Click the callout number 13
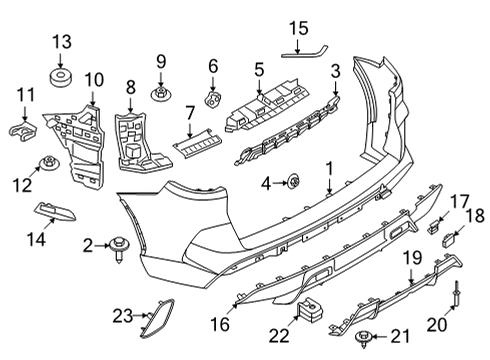click(x=63, y=41)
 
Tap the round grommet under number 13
click(x=63, y=75)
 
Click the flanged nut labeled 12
click(x=46, y=163)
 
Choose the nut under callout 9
click(x=160, y=95)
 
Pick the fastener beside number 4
click(x=294, y=181)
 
